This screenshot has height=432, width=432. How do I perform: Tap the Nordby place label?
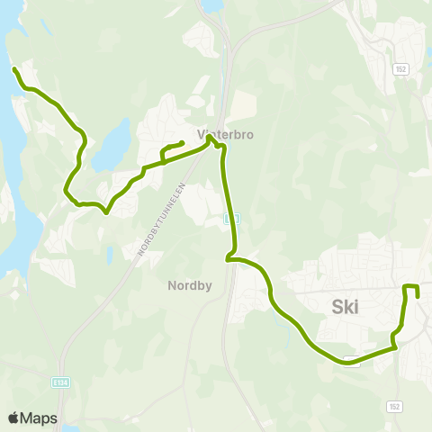pos(188,286)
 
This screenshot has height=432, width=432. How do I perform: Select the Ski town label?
pos(345,307)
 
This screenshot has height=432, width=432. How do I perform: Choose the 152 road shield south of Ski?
pos(394,407)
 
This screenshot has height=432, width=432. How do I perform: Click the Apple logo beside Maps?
pos(13,418)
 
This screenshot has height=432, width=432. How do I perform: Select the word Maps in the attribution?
pos(40,418)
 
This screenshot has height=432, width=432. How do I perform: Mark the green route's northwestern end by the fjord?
pos(13,69)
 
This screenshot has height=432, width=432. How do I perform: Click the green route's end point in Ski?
pos(418,296)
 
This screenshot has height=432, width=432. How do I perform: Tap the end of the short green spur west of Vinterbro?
pos(183,142)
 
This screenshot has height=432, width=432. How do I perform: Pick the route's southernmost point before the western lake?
pos(106,213)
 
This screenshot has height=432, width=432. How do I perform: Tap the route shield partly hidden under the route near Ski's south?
pos(355,361)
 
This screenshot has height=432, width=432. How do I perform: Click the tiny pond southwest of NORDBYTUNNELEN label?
pos(108,256)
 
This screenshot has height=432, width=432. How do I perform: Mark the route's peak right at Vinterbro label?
pos(211,137)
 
